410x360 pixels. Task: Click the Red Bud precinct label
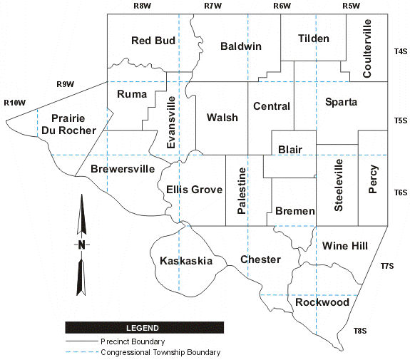point(153,41)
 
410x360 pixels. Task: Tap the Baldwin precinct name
point(241,46)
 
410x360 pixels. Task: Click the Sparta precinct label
point(341,102)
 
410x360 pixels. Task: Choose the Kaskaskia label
point(185,261)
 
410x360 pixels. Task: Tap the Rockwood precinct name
point(322,302)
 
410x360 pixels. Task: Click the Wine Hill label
point(345,246)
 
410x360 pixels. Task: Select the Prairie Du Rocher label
point(68,124)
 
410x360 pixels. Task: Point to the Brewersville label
point(123,170)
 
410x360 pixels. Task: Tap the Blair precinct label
point(290,150)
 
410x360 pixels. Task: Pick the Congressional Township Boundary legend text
point(160,352)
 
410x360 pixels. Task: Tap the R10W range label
point(14,103)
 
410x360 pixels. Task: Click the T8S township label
point(359,330)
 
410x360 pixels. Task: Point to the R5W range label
point(351,6)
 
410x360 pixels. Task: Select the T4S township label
point(400,52)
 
